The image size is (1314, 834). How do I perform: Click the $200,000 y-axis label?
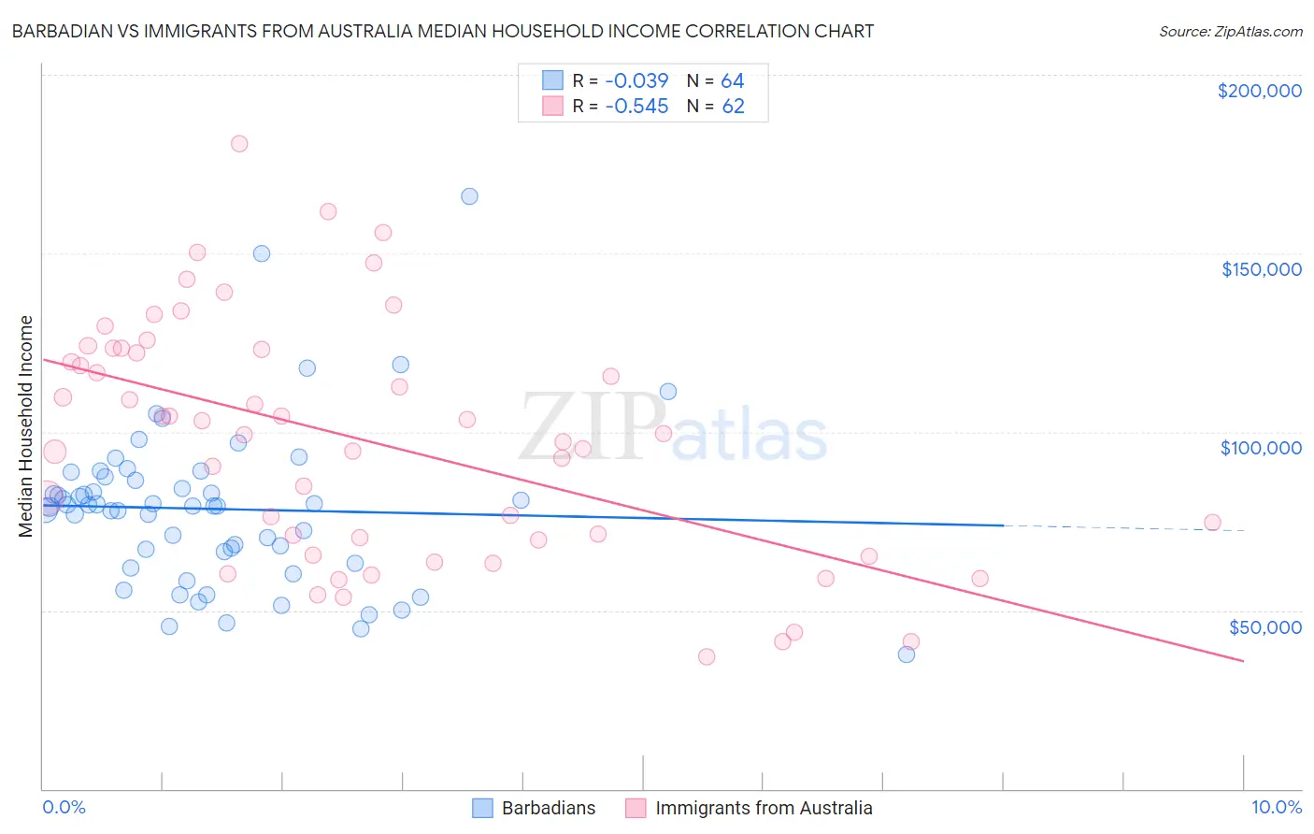coord(1259,91)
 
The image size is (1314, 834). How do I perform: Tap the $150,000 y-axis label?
coord(1261,269)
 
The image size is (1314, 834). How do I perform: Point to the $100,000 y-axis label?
coord(1261,448)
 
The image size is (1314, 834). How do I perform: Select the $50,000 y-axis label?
coord(1264,626)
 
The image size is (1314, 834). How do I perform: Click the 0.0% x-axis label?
coord(64,807)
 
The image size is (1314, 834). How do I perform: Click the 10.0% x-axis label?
coord(1276,807)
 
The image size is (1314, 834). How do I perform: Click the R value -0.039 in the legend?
coord(636,81)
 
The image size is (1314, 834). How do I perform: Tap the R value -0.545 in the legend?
coord(636,107)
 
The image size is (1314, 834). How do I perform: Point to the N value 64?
coord(733,81)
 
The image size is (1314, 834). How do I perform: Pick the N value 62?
coord(733,107)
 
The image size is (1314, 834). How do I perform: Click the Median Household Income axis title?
coord(25,426)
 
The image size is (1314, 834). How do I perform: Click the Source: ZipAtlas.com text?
coord(1230,32)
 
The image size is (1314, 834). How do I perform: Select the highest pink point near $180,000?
coord(239,144)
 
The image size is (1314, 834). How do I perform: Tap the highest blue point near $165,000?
coord(469,196)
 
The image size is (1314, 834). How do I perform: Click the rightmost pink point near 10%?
coord(1212,523)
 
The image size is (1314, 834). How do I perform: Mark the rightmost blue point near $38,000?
coord(906,654)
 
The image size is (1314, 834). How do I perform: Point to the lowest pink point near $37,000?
coord(707,657)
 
